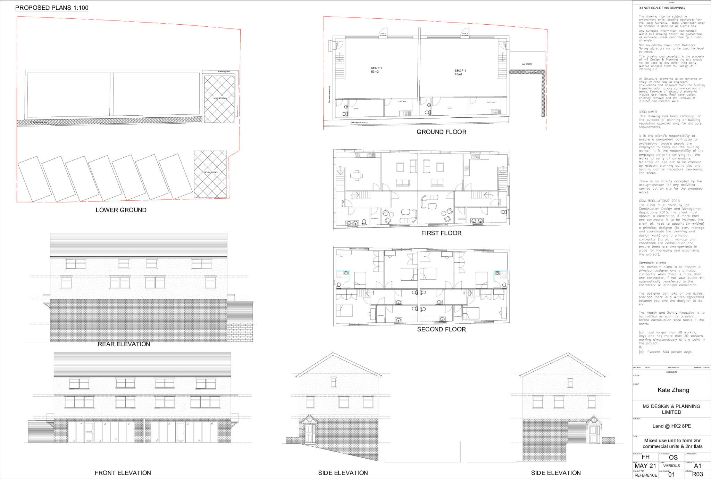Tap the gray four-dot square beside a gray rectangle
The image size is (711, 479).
tap(358, 155)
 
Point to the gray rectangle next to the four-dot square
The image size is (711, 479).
tap(371, 155)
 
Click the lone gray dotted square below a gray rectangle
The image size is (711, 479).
tap(467, 168)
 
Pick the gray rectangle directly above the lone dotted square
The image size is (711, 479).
tap(476, 157)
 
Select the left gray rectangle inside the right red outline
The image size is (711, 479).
tap(407, 114)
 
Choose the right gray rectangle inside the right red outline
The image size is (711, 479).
tap(497, 112)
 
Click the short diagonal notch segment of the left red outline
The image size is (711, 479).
tap(234, 154)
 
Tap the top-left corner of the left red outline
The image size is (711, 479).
tap(17, 16)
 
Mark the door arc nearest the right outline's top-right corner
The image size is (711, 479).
tap(503, 45)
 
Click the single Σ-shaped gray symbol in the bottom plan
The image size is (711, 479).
tap(410, 259)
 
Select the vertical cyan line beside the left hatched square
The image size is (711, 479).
tap(349, 276)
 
